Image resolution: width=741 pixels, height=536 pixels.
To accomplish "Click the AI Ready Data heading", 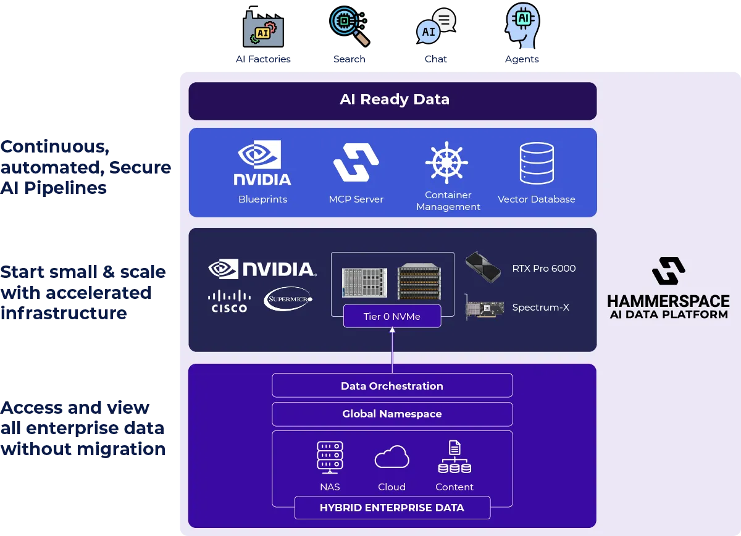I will click(394, 100).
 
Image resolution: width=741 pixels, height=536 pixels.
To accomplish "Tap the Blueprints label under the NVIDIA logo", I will click(262, 199).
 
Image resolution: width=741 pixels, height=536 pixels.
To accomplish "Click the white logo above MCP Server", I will click(356, 162).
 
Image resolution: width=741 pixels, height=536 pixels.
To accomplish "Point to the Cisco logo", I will click(229, 301).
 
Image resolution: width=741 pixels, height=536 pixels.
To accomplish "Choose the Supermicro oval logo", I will click(288, 299).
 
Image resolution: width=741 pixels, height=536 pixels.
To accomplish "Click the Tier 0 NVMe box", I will click(392, 316).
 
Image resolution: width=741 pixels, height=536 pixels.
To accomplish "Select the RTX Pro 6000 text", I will click(543, 269).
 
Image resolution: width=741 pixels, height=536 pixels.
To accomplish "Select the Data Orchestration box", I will click(392, 386).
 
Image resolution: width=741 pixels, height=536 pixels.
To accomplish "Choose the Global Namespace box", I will click(392, 414).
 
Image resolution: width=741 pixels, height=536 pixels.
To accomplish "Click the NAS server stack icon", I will click(330, 458).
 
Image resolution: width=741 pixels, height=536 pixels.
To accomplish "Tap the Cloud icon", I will click(392, 458).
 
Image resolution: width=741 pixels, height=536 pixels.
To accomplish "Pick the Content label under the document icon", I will click(454, 487).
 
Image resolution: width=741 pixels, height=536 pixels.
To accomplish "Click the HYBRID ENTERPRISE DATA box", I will click(392, 508).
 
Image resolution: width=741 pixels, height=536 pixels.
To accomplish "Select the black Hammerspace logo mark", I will click(668, 271).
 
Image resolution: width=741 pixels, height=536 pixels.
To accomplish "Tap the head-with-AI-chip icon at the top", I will click(522, 25).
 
